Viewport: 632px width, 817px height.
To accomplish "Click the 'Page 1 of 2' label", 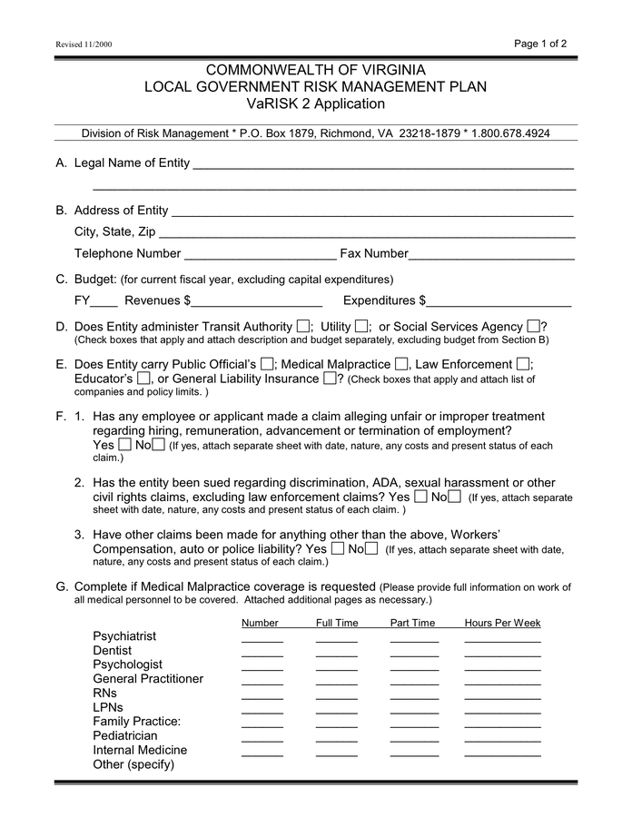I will pyautogui.click(x=540, y=43).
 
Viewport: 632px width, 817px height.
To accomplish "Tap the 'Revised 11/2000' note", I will pyautogui.click(x=84, y=44).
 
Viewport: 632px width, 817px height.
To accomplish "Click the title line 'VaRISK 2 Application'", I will pyautogui.click(x=315, y=103).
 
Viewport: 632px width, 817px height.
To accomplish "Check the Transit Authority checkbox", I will pyautogui.click(x=302, y=326).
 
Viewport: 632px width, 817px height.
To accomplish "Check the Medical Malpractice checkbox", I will pyautogui.click(x=400, y=364).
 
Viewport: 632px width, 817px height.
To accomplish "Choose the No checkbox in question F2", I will pyautogui.click(x=455, y=497).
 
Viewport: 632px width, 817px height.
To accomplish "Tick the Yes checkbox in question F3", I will pyautogui.click(x=338, y=548).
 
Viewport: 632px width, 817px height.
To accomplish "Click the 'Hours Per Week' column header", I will pyautogui.click(x=502, y=623).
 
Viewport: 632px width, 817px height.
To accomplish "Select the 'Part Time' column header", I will pyautogui.click(x=413, y=623).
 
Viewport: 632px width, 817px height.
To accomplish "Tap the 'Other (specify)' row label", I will pyautogui.click(x=133, y=764).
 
